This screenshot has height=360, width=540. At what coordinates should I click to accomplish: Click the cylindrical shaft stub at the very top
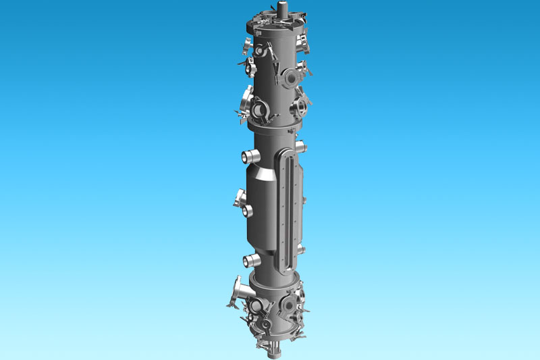coord(281,9)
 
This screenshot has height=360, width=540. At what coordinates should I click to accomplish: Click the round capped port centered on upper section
coord(288,77)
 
